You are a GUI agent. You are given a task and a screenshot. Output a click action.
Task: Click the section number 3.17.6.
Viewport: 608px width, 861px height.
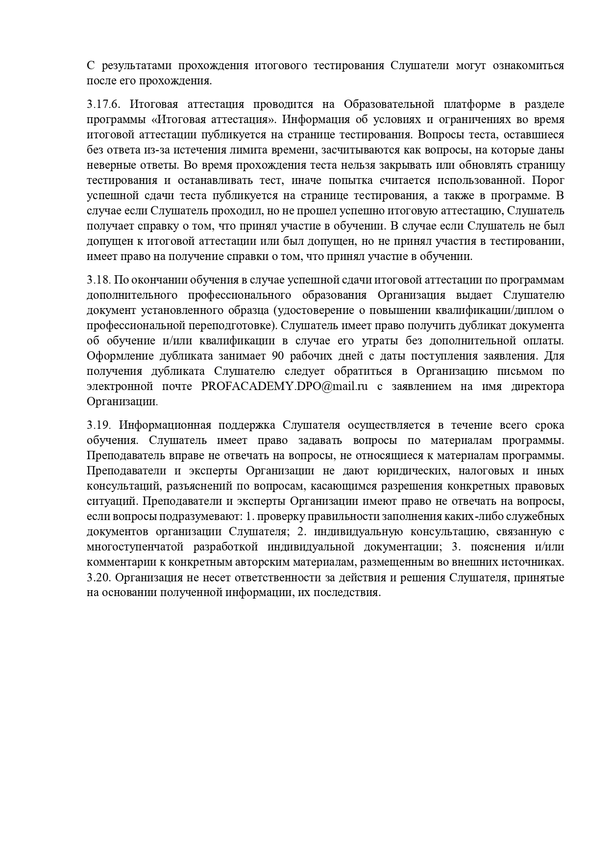pos(103,104)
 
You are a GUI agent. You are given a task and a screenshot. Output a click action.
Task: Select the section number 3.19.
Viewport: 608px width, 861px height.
pos(100,425)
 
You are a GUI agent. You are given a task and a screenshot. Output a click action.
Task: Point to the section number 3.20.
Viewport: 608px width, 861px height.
pos(100,577)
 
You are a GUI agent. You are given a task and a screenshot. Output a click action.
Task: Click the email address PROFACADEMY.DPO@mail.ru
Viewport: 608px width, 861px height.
pos(284,386)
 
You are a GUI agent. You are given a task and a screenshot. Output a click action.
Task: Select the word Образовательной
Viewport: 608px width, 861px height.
pos(389,104)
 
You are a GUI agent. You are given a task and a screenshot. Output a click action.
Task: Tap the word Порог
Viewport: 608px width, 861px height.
pos(548,181)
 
